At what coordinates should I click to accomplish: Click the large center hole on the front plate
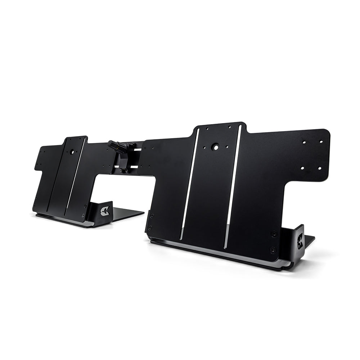[x=215, y=147]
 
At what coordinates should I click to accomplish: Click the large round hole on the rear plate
[x=72, y=152]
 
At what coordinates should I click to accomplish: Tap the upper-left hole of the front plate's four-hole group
[x=304, y=142]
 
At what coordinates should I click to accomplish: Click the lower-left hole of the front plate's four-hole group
[x=302, y=168]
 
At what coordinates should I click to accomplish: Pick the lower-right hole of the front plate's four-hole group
[x=319, y=168]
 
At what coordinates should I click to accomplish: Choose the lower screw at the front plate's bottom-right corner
[x=273, y=249]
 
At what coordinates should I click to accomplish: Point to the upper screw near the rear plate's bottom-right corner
[x=85, y=206]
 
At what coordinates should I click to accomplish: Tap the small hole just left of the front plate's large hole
[x=204, y=147]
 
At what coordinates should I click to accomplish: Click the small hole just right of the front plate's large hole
[x=227, y=146]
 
